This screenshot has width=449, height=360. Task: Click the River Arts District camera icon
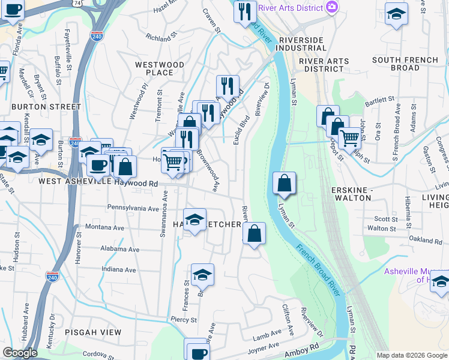[x=332, y=7]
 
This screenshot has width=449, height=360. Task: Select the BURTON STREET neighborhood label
[x=46, y=107]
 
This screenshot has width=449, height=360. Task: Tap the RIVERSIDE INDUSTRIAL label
[x=301, y=45]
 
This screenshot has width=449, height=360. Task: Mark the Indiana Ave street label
[x=119, y=269]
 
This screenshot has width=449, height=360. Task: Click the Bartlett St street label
[x=378, y=98]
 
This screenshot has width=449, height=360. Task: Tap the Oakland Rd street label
[x=425, y=241]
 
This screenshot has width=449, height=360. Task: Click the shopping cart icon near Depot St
[x=349, y=137]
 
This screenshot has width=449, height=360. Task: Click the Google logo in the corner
[x=20, y=353]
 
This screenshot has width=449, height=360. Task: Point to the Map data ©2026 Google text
[x=412, y=355]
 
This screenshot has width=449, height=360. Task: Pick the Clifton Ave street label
[x=288, y=320]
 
